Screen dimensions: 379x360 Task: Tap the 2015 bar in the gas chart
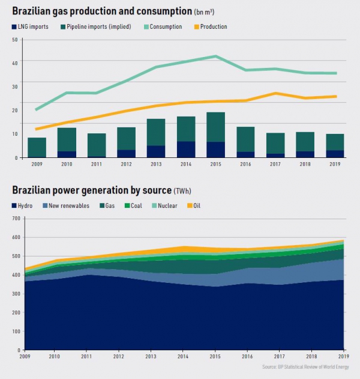(x=215, y=135)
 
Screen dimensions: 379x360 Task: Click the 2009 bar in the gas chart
(x=37, y=147)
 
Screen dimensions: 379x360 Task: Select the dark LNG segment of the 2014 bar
(x=186, y=150)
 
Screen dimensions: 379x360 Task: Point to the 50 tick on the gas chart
(x=14, y=39)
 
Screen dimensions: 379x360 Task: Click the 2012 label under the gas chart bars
(x=126, y=163)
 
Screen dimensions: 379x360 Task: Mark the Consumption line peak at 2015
(x=215, y=56)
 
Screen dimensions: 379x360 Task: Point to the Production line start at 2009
(x=37, y=129)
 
